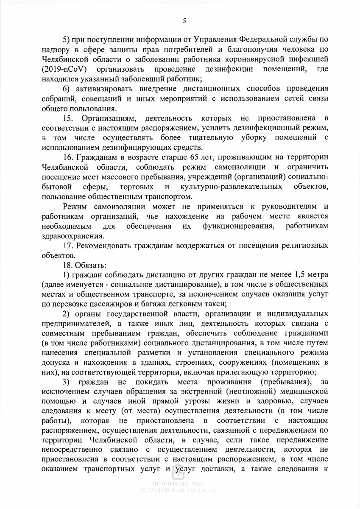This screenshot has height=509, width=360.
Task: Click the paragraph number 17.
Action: [x=68, y=246]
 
